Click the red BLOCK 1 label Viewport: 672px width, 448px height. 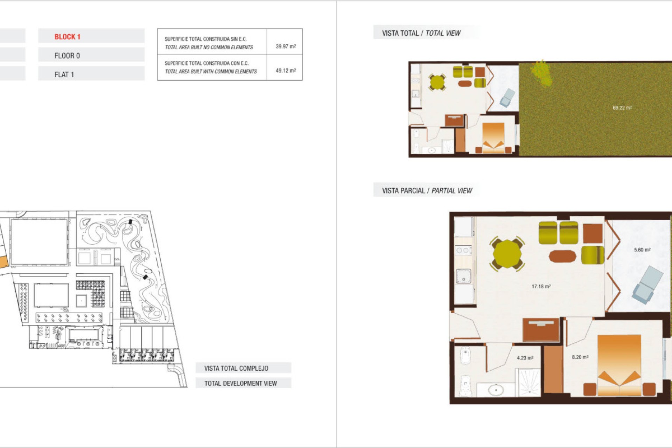(67, 37)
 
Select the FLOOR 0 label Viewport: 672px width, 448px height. (67, 56)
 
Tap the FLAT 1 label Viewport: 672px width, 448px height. (64, 75)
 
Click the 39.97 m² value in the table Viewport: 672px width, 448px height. (286, 46)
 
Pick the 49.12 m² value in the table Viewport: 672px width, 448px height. (286, 70)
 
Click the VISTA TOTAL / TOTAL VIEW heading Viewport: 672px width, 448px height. (421, 33)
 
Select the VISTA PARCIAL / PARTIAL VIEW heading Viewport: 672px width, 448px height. (427, 191)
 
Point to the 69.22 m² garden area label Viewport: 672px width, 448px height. (622, 108)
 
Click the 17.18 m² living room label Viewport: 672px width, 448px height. (541, 286)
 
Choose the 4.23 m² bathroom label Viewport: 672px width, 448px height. (525, 358)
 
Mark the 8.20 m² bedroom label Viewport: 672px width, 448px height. (580, 357)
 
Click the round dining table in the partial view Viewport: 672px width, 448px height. (507, 253)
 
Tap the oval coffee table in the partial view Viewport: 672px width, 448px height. (562, 256)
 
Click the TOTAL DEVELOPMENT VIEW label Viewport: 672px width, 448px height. (240, 383)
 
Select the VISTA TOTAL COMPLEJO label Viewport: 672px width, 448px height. (236, 368)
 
